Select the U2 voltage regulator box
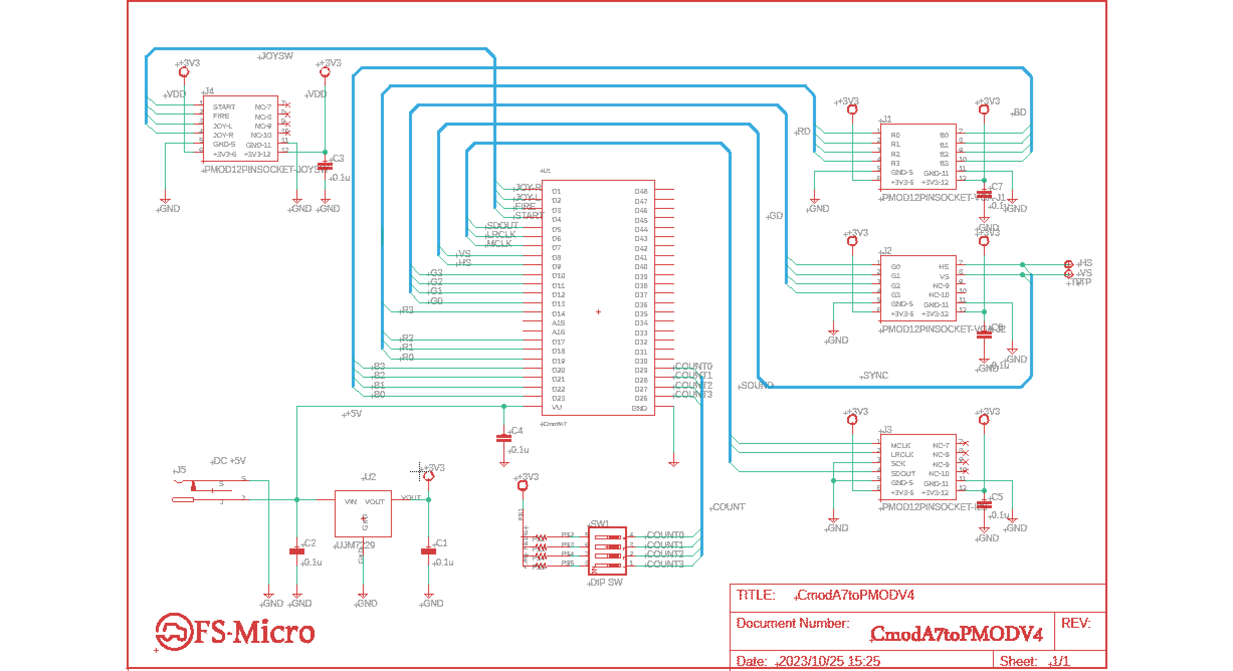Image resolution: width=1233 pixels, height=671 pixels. coord(363,513)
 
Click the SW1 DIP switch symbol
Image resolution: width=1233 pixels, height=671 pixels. coord(607,550)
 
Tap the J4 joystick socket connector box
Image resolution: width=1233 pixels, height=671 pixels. coord(240,129)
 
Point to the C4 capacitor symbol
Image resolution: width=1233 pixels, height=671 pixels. coord(503,438)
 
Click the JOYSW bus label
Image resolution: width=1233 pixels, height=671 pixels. coord(276,56)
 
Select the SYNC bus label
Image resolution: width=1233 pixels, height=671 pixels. coord(875,376)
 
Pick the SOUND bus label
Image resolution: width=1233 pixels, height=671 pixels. coord(757,386)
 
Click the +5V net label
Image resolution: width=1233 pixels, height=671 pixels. coord(353,414)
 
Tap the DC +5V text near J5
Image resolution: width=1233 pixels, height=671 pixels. coord(229,461)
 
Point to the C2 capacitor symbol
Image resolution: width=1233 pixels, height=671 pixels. coord(297,551)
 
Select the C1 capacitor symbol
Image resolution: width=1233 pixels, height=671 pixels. coord(428,551)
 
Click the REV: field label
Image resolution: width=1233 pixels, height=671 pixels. coord(1076,624)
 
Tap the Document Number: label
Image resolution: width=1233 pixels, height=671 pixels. coord(792,624)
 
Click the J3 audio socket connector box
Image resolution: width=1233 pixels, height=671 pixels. coord(918,468)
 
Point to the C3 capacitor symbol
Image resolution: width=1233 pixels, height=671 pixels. coord(325,166)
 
